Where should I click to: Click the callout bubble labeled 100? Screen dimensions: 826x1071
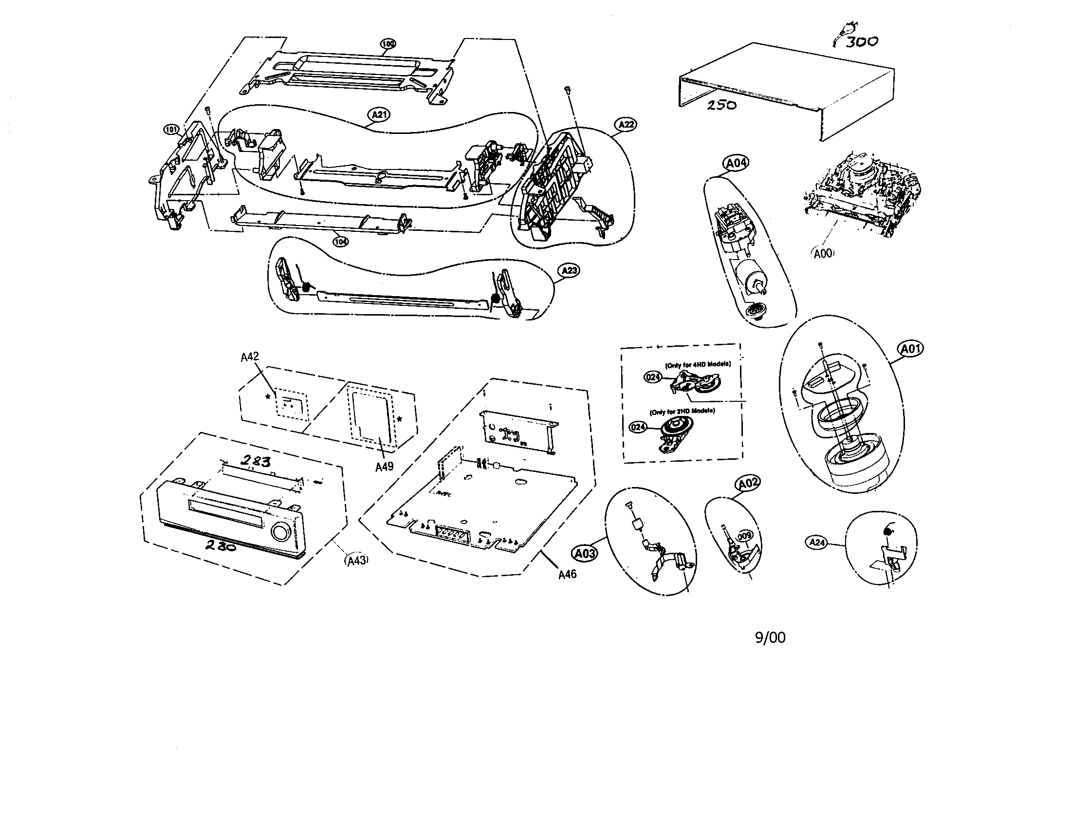click(388, 44)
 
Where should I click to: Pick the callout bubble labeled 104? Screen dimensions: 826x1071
click(340, 242)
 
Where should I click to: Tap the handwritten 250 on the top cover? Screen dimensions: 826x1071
click(721, 105)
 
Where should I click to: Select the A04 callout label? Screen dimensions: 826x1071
click(736, 163)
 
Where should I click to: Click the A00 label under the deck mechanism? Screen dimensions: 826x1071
click(823, 254)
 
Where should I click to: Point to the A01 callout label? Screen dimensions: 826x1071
click(910, 349)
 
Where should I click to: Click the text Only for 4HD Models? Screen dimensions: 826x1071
click(698, 364)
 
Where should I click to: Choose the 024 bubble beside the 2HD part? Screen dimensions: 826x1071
click(638, 427)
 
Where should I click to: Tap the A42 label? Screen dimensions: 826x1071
click(250, 357)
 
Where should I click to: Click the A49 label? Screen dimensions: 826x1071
click(384, 467)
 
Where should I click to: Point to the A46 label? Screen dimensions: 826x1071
click(567, 574)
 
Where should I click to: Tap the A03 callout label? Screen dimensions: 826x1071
click(585, 554)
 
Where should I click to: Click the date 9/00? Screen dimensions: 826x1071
click(770, 638)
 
